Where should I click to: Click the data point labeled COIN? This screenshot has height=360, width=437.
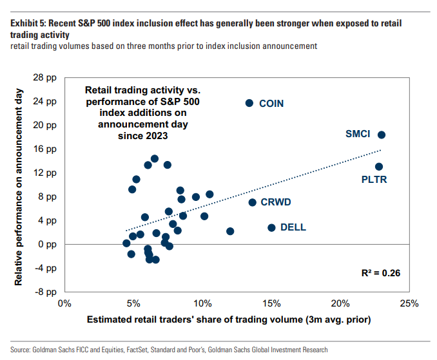point(249,103)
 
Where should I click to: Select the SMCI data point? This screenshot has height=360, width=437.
point(382,135)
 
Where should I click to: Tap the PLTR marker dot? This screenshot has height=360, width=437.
point(379,167)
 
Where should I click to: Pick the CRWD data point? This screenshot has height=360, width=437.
point(253,202)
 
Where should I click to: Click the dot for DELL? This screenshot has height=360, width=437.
point(271,227)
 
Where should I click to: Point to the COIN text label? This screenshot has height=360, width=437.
point(271,104)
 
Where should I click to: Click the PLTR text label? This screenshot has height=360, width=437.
point(374,180)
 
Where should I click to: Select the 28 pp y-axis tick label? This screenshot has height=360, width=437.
point(44,77)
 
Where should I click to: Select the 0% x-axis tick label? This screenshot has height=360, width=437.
point(64,303)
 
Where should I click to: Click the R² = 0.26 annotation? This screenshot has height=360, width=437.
point(380,273)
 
